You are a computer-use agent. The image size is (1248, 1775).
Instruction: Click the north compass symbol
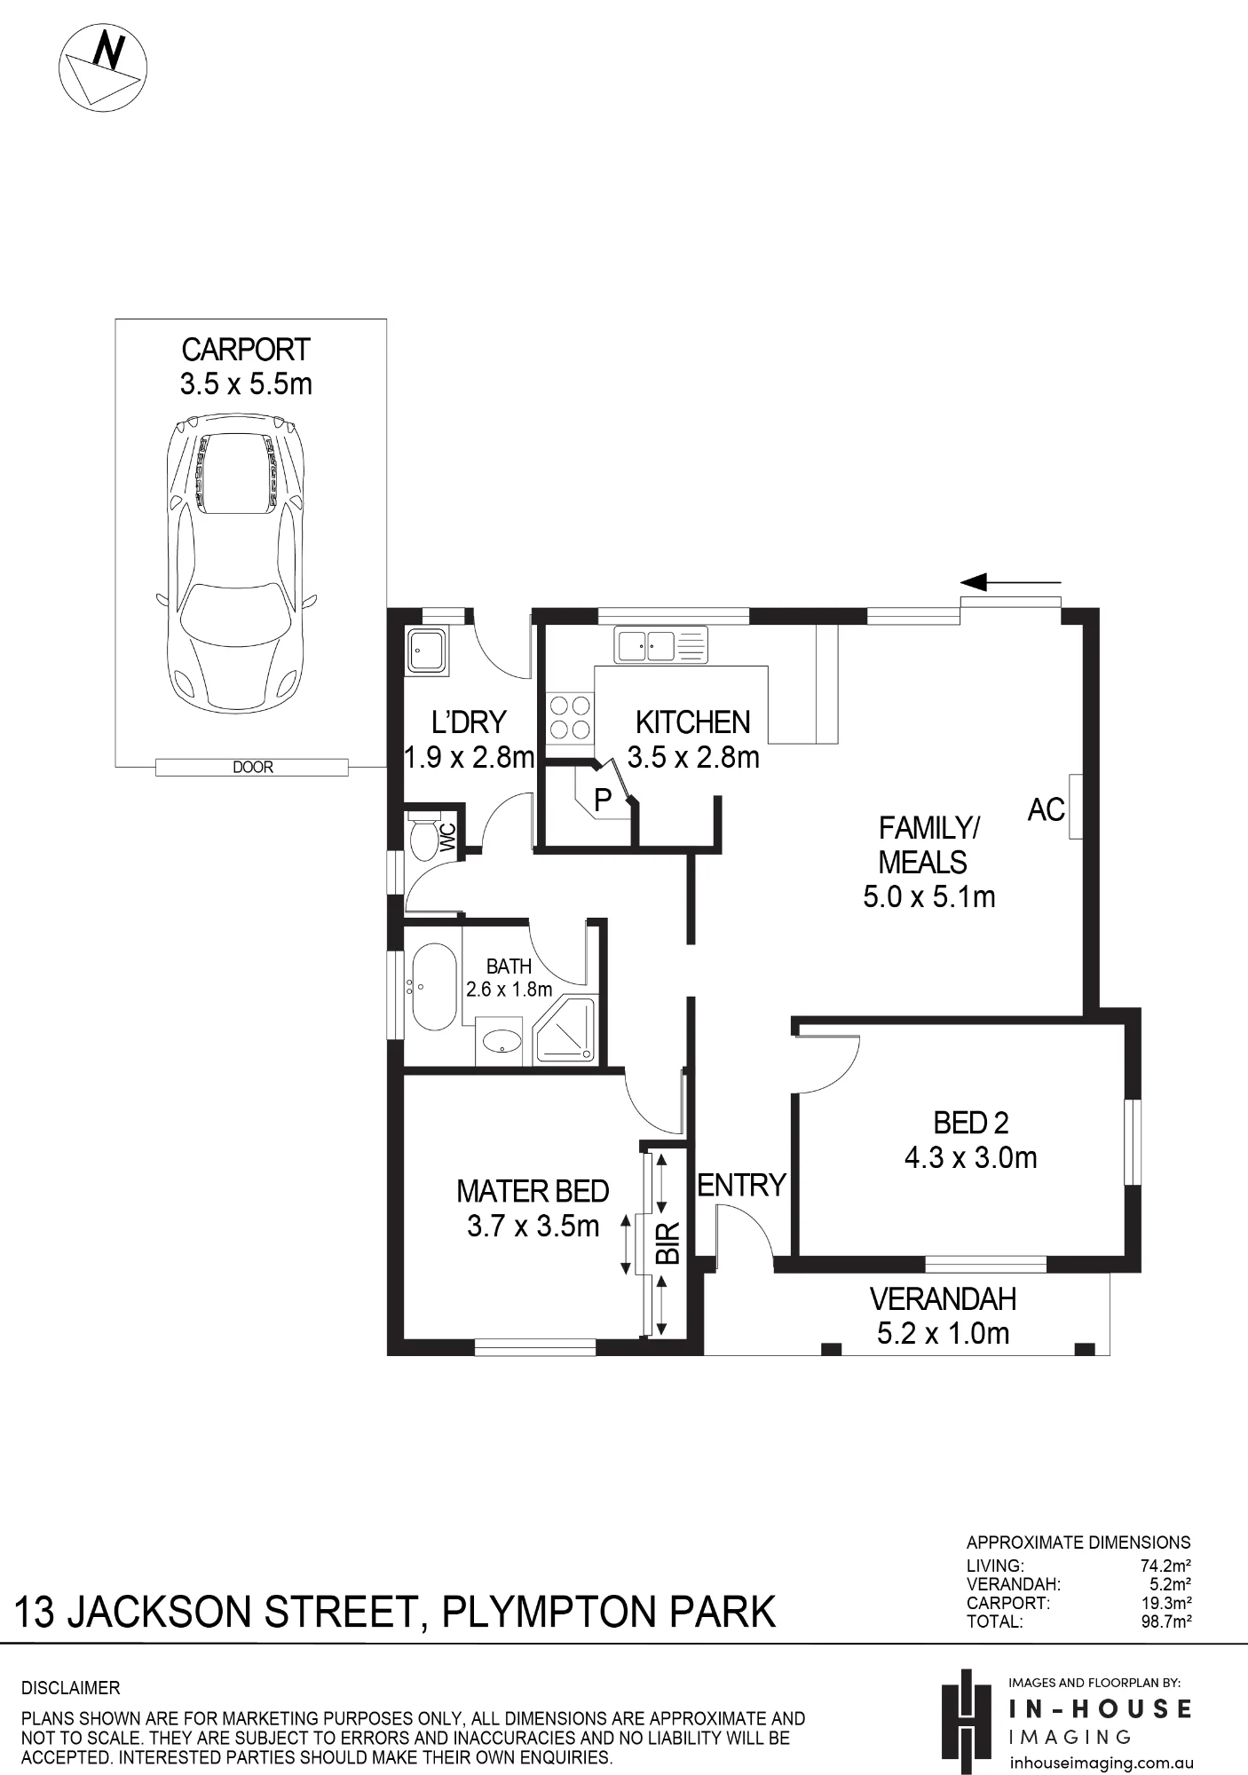click(102, 67)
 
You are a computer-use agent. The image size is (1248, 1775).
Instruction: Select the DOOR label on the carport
click(253, 767)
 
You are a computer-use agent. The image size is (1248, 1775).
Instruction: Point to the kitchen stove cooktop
click(570, 717)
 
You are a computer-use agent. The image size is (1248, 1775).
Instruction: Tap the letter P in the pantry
click(603, 800)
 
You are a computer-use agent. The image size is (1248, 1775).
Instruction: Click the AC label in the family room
click(1046, 809)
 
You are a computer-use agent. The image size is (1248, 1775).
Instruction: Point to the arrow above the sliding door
click(1011, 582)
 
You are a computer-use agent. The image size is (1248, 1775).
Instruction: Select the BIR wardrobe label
click(667, 1242)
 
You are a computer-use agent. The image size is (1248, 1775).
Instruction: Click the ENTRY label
click(742, 1185)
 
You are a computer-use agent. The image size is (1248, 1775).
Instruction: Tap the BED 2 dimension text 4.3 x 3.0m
click(970, 1158)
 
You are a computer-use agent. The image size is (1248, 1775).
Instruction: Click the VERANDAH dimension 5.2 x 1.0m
click(943, 1333)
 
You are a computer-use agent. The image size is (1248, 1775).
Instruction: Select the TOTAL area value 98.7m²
click(1165, 1621)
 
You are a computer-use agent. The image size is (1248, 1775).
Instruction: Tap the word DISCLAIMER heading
click(71, 1688)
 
